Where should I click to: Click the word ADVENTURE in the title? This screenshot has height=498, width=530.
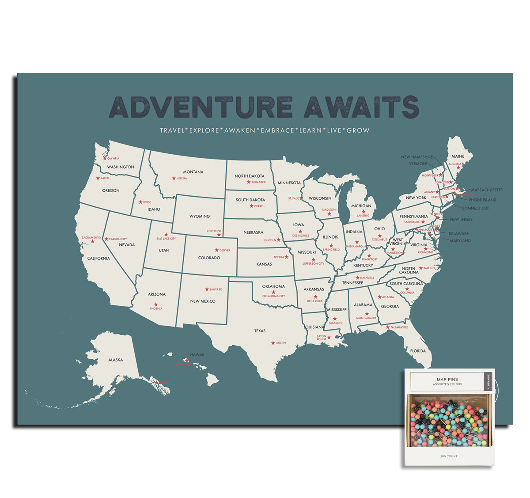coord(201,107)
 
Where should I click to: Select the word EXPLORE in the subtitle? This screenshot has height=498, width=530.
coord(204,130)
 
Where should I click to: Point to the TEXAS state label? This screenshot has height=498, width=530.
coord(260,331)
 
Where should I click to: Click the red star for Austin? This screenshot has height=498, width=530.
coord(273,343)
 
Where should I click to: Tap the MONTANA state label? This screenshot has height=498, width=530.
coord(193,172)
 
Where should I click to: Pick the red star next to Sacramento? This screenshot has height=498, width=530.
coord(92,241)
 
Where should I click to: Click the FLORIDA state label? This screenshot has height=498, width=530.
coord(418,351)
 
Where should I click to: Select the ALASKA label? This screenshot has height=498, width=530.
coord(116,360)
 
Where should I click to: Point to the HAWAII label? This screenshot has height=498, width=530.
coord(197,354)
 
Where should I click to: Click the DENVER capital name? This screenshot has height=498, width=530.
coord(225,251)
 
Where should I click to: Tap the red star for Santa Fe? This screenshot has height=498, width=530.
coord(207,289)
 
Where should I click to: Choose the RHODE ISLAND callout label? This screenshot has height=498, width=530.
coord(482,200)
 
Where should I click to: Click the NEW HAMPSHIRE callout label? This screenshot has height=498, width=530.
coord(416,157)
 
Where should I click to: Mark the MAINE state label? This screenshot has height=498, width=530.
coord(458,156)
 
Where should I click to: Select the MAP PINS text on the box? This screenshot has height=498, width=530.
coord(447,379)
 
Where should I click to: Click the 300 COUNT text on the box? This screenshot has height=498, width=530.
coord(448,456)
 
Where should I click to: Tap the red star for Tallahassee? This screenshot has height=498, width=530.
coord(388,327)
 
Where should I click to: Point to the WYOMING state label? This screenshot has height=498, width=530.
coord(199,217)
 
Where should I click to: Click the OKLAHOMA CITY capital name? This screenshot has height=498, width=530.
coord(274,296)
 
